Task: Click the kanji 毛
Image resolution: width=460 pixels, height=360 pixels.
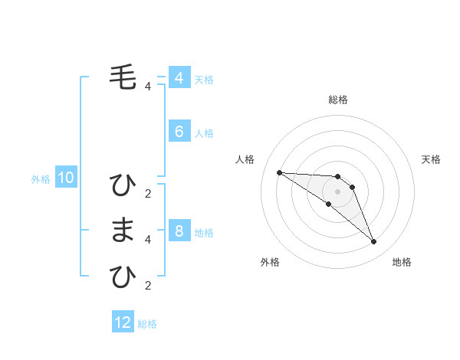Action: tap(123, 77)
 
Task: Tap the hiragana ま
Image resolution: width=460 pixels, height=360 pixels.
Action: tap(123, 230)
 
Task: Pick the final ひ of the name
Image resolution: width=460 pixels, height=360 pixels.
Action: tap(123, 277)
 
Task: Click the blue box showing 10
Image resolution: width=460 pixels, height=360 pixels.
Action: tap(66, 178)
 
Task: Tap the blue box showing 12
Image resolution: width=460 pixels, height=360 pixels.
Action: tap(123, 322)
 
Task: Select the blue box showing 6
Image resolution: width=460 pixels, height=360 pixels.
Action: tap(179, 132)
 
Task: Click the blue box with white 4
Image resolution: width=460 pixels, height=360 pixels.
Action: tap(179, 78)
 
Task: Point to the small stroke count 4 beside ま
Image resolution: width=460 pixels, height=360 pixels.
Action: tap(148, 240)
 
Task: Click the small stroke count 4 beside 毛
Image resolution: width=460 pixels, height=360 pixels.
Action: tap(148, 87)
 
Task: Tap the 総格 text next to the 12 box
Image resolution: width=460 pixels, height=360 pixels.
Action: tap(147, 324)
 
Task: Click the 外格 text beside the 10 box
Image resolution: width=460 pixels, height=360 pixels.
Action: tap(41, 179)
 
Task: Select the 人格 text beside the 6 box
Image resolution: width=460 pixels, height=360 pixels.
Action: tap(204, 133)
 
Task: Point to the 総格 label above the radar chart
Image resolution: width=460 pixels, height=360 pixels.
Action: tap(337, 100)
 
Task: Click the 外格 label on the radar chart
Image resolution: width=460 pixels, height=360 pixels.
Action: tap(270, 262)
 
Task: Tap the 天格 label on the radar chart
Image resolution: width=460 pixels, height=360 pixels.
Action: tap(431, 159)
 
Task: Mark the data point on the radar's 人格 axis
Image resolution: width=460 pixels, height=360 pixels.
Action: tap(279, 172)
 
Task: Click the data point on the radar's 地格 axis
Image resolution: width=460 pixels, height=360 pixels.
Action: tap(373, 242)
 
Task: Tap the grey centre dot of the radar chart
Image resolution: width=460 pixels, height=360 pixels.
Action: tap(337, 191)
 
